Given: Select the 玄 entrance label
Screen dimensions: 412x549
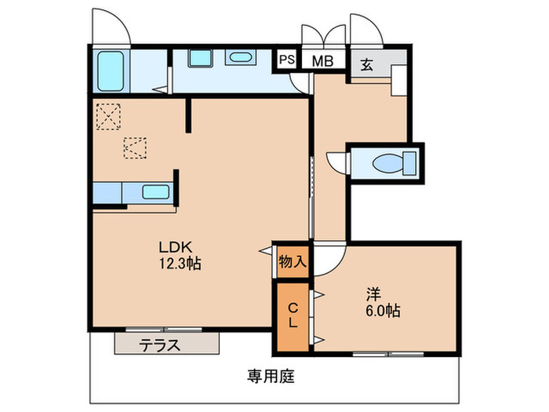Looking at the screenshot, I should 366,64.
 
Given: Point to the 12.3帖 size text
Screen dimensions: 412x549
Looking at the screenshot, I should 179,264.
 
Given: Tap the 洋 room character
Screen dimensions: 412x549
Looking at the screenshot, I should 374,294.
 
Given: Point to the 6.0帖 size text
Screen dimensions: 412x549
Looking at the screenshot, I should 382,312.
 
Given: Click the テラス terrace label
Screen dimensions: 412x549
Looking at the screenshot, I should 160,344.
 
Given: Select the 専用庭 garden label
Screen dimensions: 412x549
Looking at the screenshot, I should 271,375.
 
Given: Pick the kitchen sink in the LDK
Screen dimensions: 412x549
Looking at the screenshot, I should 156,191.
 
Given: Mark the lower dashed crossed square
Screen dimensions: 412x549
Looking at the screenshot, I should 134,148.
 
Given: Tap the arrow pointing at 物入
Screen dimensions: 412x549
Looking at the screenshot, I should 265,251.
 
